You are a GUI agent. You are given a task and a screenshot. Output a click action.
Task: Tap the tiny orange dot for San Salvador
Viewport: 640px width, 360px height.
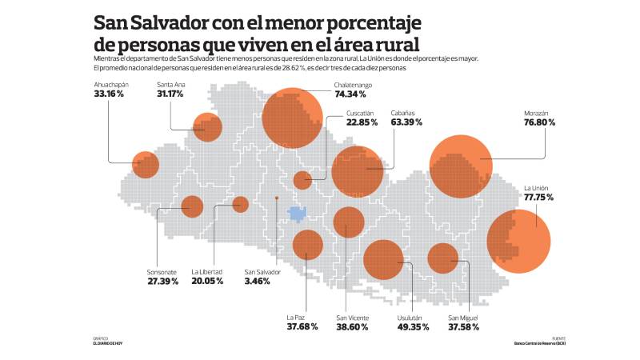coord(276,197)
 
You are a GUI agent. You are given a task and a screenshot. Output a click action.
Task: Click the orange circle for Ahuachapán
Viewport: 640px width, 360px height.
coord(146,164)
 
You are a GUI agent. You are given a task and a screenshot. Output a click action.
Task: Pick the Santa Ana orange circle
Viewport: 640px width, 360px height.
coord(207,126)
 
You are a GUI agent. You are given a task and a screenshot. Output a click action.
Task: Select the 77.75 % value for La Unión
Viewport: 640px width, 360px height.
coord(538,197)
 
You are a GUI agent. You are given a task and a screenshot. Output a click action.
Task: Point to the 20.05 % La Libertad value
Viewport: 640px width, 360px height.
coord(207,282)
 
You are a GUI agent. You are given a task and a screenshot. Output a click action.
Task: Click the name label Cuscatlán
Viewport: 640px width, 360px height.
coord(362,113)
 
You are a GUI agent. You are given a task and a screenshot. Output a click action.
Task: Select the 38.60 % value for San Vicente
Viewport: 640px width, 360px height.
coord(352,326)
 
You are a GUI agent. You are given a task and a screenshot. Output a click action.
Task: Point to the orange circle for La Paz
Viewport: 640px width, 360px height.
coord(307,244)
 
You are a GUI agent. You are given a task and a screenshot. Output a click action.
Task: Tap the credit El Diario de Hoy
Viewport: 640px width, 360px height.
coord(107,344)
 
